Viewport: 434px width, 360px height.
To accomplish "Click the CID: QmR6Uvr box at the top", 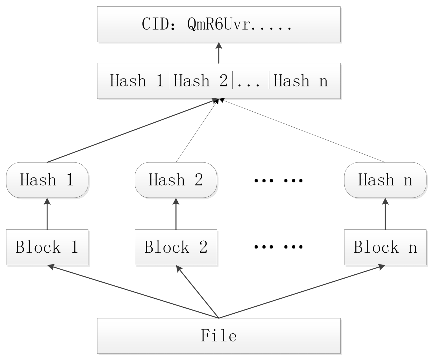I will [218, 24].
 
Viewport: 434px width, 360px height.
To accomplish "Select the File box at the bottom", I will [218, 336].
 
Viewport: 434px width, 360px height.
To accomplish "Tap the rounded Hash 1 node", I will [47, 180].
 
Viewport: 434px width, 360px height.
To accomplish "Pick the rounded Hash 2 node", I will [176, 180].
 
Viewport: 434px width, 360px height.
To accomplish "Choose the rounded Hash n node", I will [385, 180].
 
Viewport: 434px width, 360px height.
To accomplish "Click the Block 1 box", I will [47, 247].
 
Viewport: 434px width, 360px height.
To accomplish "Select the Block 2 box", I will [176, 247].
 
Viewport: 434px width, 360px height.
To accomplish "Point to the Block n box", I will [385, 247].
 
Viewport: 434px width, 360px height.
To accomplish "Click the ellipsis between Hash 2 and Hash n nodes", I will [278, 180].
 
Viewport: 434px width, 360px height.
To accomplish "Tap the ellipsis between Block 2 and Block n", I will [278, 247].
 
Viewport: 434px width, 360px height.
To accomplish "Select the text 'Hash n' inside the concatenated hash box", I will [300, 81].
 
